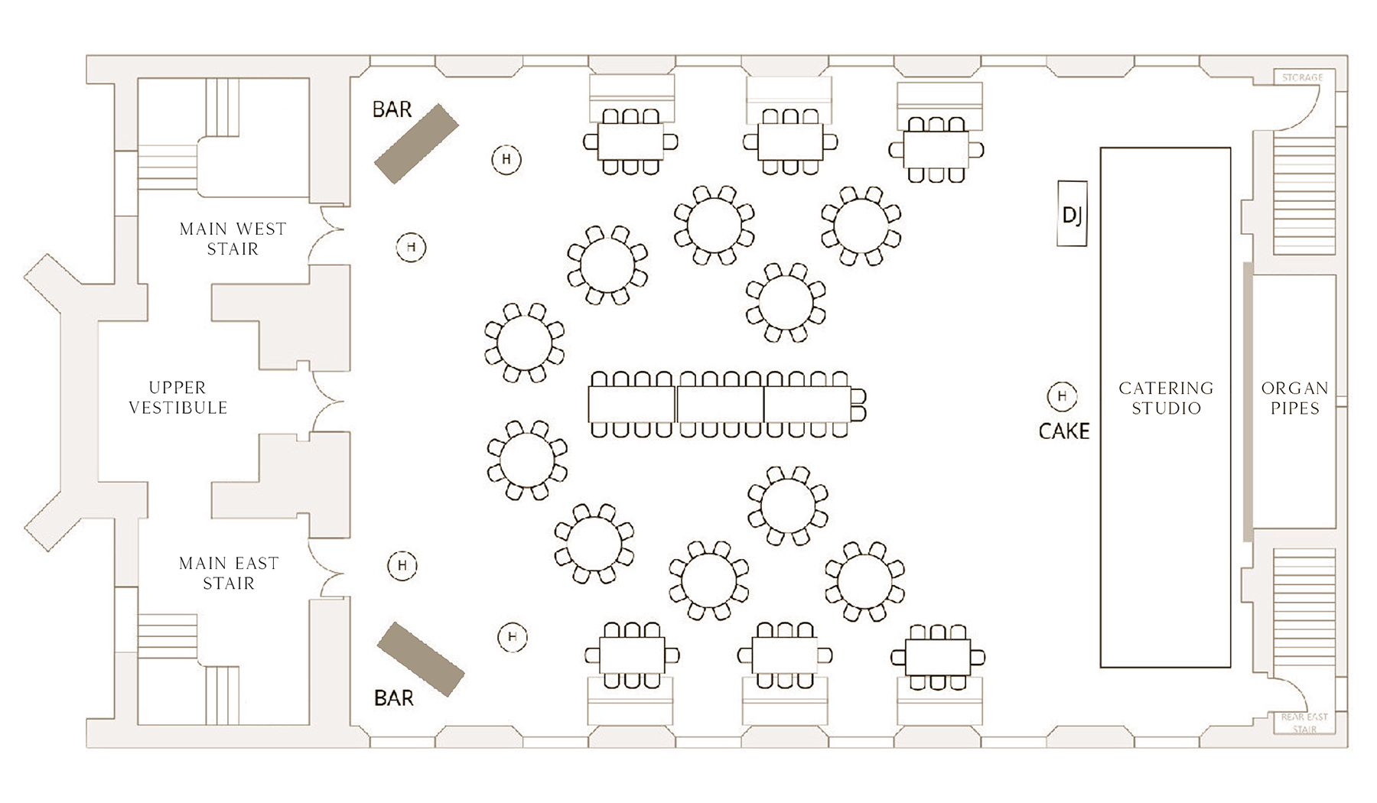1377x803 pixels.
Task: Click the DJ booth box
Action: [x=1072, y=213]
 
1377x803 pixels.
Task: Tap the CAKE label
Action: [x=1063, y=431]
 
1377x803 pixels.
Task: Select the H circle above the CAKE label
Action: [x=1062, y=396]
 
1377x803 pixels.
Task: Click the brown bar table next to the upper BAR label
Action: [x=416, y=144]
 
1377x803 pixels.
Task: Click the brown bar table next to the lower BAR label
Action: [x=421, y=659]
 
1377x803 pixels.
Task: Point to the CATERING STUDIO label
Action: [x=1165, y=398]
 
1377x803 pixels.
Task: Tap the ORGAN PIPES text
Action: [x=1294, y=398]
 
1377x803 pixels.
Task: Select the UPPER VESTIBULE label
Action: [x=177, y=398]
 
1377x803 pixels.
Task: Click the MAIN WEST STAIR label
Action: [x=233, y=239]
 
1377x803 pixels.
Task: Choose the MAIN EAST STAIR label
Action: [x=229, y=573]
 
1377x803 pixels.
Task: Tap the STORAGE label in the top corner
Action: [x=1302, y=77]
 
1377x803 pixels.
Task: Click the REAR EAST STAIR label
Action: [x=1304, y=723]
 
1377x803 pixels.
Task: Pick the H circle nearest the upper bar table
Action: [x=506, y=160]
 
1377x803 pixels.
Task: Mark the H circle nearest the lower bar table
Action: [x=513, y=637]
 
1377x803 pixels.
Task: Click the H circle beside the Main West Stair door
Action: [x=411, y=247]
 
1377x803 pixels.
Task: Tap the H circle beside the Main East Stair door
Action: [x=402, y=566]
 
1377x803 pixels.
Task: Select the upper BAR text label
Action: [x=392, y=110]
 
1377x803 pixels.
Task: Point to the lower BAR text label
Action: [x=393, y=697]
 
